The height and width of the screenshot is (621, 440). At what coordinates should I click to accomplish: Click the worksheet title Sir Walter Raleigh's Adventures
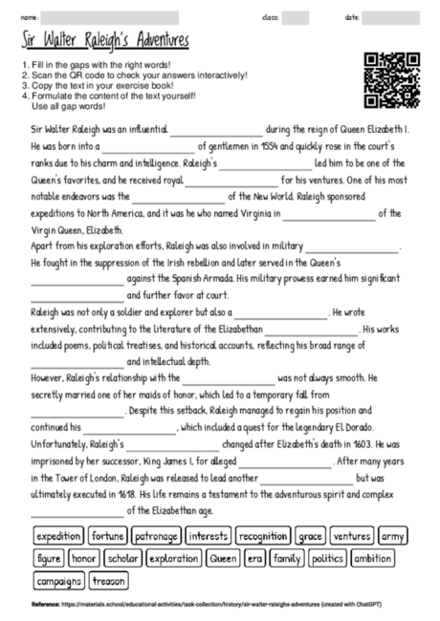pos(105,43)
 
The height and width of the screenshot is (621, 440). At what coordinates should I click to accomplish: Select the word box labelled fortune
pos(108,537)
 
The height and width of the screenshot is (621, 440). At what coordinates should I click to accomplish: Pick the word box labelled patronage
pos(156,537)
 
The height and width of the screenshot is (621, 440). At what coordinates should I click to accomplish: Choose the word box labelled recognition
pos(263,537)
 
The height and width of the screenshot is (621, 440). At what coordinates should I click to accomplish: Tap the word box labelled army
pos(393,537)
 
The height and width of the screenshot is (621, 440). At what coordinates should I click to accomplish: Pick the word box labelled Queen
pos(223,558)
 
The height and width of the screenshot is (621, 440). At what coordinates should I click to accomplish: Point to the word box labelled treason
pos(109,580)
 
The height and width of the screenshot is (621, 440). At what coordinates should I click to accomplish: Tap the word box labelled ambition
pos(371,558)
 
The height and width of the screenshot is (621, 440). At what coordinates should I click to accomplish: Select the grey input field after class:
pos(296,18)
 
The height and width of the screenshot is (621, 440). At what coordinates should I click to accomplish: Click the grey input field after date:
pos(390,18)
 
